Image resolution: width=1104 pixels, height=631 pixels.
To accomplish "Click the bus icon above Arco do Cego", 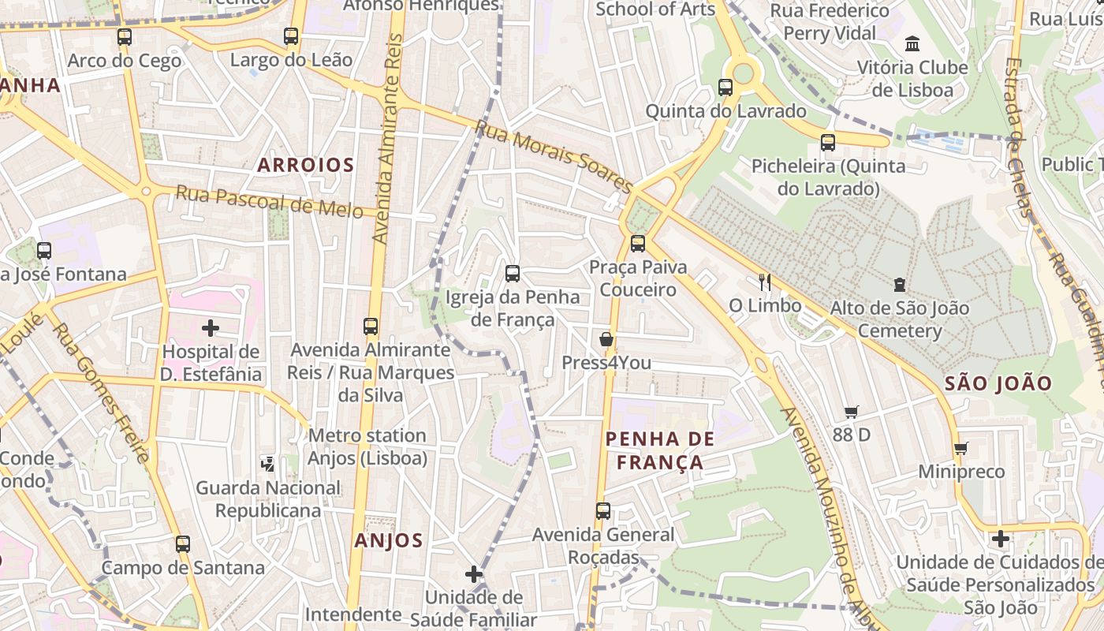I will tap(124, 36).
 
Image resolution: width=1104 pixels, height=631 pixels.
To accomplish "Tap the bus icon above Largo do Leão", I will tap(291, 35).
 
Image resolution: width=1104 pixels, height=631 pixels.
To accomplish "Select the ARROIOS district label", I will tap(306, 165).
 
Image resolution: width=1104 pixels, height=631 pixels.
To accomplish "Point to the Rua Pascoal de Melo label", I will tap(269, 202).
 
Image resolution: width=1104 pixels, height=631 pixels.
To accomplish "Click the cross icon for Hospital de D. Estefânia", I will tap(211, 327).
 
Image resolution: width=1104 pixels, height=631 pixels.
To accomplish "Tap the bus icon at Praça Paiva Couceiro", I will tap(638, 243).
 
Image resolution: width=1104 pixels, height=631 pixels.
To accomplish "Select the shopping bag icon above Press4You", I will tap(606, 339).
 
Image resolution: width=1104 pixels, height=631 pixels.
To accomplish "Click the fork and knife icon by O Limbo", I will tap(764, 282).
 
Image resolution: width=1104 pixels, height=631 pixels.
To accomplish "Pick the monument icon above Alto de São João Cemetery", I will tap(899, 284).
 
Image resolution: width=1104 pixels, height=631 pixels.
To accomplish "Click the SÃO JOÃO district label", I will tap(998, 384).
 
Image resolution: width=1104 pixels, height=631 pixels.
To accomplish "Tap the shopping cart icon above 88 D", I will tap(851, 412).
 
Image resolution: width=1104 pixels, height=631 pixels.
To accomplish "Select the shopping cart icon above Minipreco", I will tap(960, 448).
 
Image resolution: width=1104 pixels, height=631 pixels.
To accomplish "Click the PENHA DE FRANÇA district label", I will tap(660, 450).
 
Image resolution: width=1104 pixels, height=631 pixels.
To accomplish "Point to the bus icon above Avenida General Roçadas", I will tap(603, 510).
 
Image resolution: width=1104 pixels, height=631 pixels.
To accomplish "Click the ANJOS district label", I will tap(389, 540).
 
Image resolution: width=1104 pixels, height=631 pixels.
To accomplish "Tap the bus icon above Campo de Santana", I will tap(183, 543).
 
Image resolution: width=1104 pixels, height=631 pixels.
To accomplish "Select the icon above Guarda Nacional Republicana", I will tap(268, 464).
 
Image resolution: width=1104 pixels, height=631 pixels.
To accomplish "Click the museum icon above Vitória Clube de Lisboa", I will tap(912, 43).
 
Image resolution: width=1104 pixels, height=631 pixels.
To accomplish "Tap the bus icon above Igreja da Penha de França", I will tap(513, 274).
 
